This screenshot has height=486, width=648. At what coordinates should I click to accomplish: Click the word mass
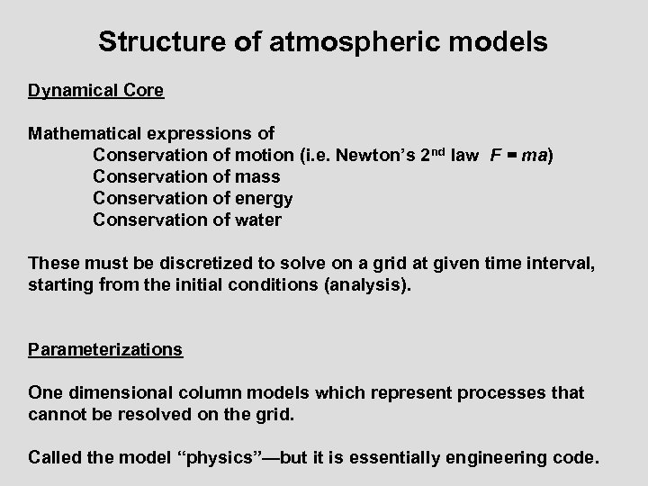click(x=258, y=176)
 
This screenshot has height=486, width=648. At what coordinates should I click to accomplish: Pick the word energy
click(x=265, y=198)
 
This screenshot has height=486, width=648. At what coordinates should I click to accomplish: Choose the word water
click(x=259, y=220)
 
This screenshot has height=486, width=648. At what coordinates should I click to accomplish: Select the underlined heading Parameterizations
click(x=105, y=349)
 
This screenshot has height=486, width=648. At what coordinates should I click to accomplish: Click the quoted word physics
click(x=223, y=457)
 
